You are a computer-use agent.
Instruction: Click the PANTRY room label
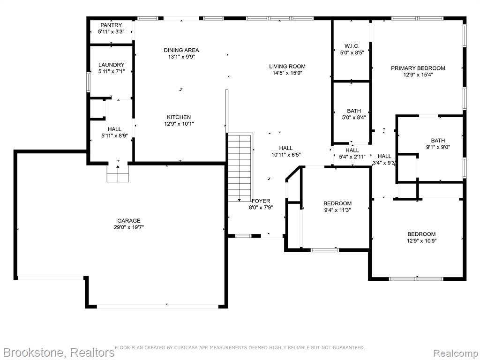coord(111,25)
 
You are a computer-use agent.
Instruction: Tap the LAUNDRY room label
coord(112,65)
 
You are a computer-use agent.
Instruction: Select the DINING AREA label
coord(181,50)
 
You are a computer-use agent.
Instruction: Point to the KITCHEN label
coord(179,117)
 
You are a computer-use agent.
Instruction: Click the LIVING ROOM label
coord(287,67)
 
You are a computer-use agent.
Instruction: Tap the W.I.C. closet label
coord(352,46)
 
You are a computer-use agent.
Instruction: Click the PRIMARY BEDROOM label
coord(418,68)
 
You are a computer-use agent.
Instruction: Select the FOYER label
coord(261,201)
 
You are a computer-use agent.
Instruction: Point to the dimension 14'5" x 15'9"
coord(287,73)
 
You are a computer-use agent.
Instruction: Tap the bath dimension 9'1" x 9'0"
coord(438,147)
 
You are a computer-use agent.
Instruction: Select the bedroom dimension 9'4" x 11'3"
coord(337,210)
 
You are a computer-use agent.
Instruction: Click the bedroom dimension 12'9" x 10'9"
coord(421,241)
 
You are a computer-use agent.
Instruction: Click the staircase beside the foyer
coord(240,167)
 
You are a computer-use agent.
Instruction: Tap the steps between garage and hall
coord(118,173)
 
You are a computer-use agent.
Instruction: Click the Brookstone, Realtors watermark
coord(58,352)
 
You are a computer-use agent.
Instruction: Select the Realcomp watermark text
coord(456,353)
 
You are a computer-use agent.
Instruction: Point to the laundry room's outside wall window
coord(88,82)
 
